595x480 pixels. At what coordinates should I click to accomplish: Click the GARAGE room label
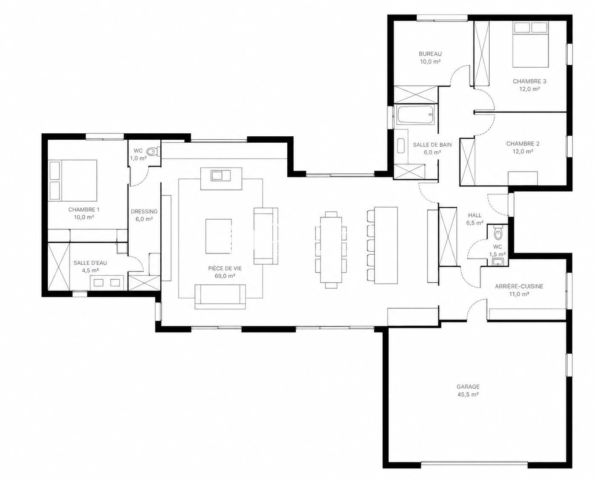tap(468, 386)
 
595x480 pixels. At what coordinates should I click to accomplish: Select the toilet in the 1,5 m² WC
tap(498, 234)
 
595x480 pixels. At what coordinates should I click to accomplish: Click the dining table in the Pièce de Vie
tap(331, 250)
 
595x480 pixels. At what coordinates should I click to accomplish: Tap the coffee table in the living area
tap(219, 236)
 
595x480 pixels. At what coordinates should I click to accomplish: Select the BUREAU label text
tap(430, 54)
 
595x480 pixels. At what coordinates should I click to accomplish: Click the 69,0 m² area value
tap(225, 276)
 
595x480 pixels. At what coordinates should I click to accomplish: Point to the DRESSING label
tap(144, 212)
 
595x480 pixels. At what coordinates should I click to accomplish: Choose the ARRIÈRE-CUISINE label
tap(519, 286)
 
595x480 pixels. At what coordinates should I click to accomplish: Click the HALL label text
tap(475, 215)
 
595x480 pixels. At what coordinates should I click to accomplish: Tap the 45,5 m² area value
tap(468, 394)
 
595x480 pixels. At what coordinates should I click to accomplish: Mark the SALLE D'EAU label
tap(90, 263)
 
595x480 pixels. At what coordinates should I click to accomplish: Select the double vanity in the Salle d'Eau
tap(107, 283)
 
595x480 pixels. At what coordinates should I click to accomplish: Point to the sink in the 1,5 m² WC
tap(498, 262)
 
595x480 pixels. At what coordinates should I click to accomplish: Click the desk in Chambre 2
tap(523, 178)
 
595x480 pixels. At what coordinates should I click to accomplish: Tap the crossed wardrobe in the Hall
tap(448, 237)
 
